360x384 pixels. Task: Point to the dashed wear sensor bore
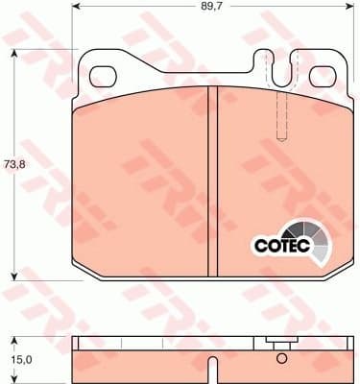click(x=282, y=116)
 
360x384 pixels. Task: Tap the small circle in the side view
click(x=281, y=359)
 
